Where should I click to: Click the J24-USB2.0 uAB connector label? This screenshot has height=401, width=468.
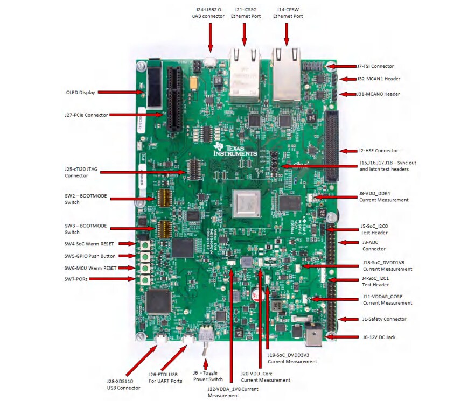pyautogui.click(x=209, y=12)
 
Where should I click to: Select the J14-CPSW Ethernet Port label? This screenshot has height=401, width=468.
pyautogui.click(x=288, y=12)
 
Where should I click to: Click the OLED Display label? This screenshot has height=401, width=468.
pyautogui.click(x=80, y=93)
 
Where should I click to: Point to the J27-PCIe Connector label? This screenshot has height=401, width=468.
pyautogui.click(x=86, y=115)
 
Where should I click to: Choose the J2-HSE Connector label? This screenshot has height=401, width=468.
pyautogui.click(x=378, y=151)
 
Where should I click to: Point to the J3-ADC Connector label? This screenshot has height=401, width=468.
pyautogui.click(x=374, y=246)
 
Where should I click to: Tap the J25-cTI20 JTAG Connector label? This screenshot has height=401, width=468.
pyautogui.click(x=81, y=172)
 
